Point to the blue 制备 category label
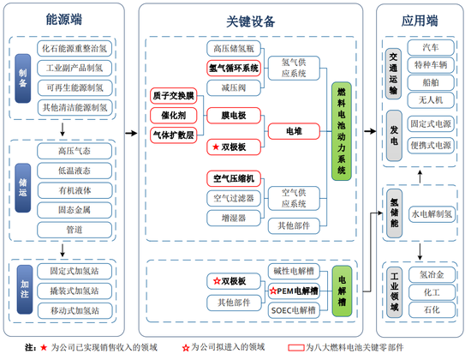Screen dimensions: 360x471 [x=23, y=78]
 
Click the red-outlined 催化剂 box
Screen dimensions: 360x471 [x=173, y=114]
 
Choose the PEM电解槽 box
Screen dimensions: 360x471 [x=292, y=290]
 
